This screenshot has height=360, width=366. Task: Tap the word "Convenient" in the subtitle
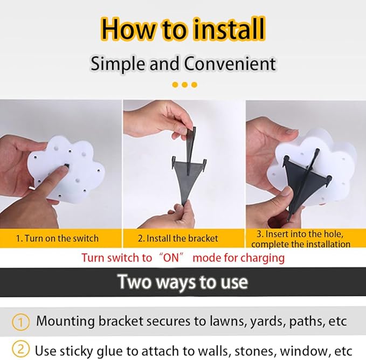pos(230,64)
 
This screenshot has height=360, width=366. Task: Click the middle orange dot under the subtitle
pos(185,85)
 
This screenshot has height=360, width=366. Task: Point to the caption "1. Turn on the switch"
pos(58,238)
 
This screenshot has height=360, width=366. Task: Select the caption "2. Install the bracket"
pos(178,238)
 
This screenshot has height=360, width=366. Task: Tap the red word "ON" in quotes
pos(171,258)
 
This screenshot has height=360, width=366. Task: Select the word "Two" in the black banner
pos(134,282)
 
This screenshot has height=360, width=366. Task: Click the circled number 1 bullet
pos(21,322)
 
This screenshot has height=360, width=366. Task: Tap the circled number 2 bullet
pos(21,349)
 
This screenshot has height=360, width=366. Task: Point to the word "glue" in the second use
pos(110,351)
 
